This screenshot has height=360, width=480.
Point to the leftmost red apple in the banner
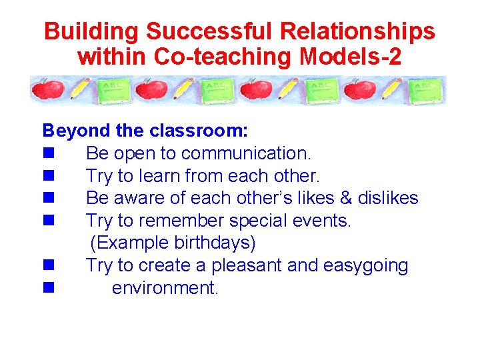click(x=49, y=89)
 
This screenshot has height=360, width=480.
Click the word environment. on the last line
click(x=165, y=288)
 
